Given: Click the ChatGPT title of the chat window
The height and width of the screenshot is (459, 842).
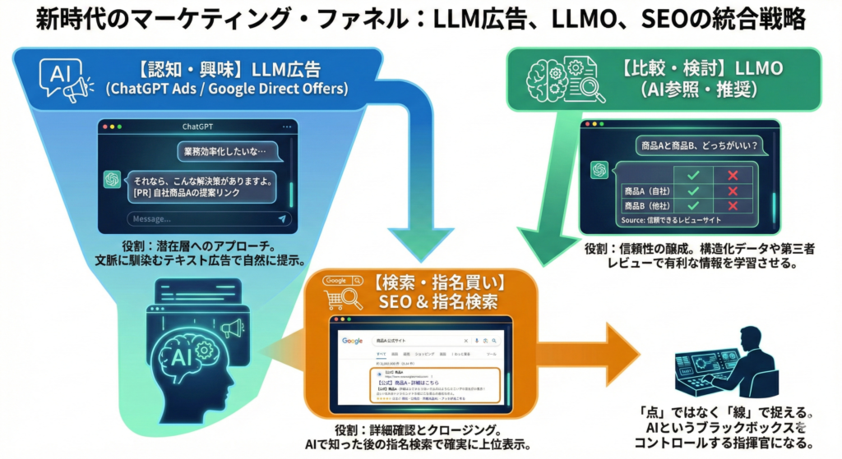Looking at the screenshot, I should (x=197, y=127).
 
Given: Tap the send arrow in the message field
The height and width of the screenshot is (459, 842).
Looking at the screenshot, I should (x=282, y=219).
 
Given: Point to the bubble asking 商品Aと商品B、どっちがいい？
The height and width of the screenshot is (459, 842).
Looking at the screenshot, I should (x=698, y=145).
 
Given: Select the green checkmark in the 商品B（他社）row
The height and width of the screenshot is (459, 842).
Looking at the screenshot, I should (x=692, y=205).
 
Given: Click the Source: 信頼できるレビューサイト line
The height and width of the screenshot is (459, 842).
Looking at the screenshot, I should (x=670, y=222).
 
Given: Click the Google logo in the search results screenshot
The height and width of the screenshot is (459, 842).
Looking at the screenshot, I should (x=353, y=341).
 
